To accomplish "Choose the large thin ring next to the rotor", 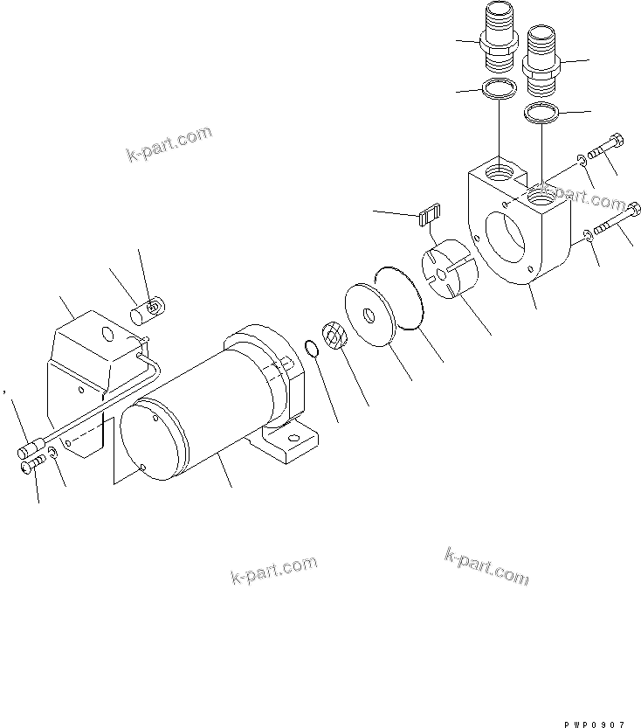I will tap(399, 298).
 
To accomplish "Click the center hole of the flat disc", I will tap(385, 312).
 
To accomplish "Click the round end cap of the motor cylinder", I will tap(153, 441).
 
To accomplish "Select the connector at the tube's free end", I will tap(32, 451).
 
